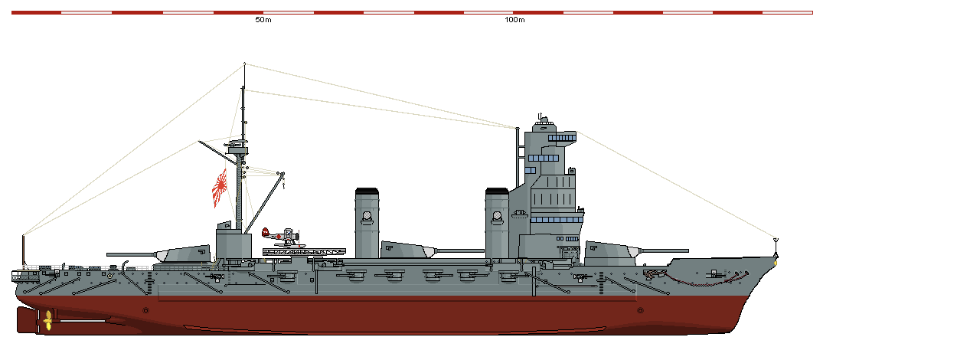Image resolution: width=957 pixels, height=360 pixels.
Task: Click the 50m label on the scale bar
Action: [263, 20]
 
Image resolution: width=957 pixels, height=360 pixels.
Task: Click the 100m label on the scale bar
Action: [514, 20]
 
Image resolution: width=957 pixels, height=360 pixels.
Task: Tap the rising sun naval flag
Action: [220, 188]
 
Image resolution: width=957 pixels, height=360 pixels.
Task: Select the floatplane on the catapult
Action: [283, 237]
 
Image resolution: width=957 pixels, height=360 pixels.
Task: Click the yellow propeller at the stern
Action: [47, 320]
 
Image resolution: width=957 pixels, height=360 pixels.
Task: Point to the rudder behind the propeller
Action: [27, 320]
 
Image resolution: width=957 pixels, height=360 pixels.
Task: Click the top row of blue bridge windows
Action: [562, 138]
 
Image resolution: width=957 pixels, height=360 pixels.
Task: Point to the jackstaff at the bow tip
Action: [776, 248]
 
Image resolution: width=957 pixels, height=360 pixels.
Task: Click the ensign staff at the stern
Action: [24, 251]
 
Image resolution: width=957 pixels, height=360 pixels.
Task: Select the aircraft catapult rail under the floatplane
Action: [304, 252]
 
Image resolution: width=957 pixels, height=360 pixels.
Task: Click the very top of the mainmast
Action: [245, 64]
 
